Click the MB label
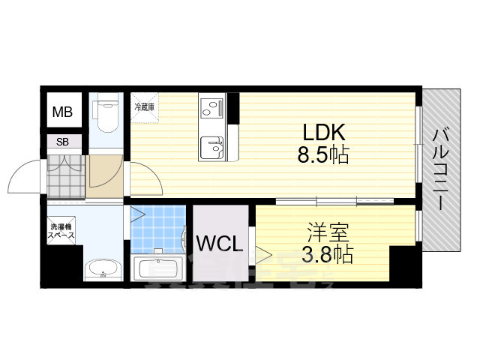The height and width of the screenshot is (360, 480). [x=62, y=113]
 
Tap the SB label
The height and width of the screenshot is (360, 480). [x=62, y=142]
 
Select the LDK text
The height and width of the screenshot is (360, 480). [x=323, y=133]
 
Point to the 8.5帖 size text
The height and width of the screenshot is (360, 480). [x=323, y=157]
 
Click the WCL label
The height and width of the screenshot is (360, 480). [x=218, y=243]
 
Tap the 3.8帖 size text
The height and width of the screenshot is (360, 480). [x=327, y=254]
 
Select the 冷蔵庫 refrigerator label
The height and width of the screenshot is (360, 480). [x=143, y=107]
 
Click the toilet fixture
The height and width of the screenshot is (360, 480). [x=105, y=113]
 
